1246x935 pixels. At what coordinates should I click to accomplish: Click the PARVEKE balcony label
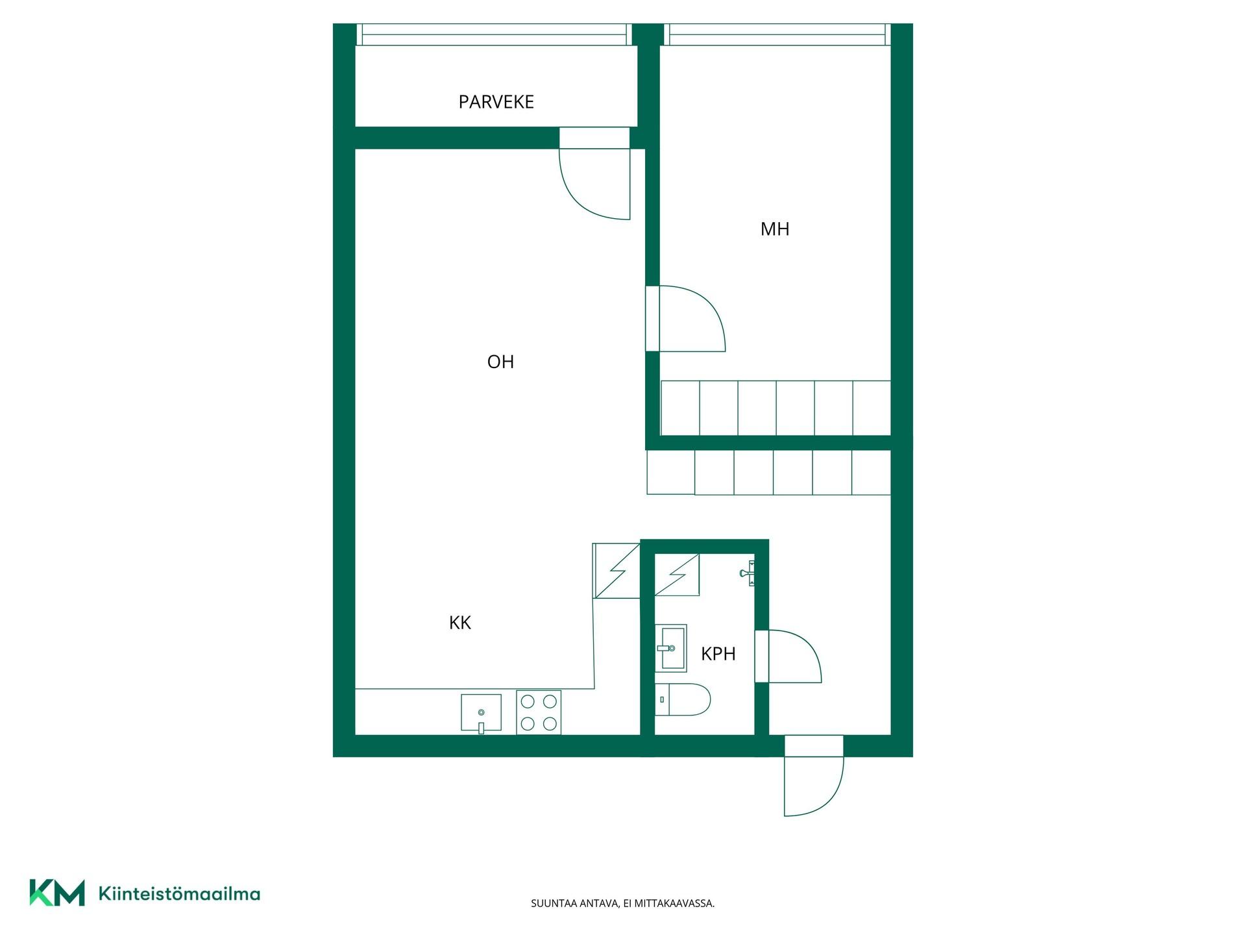(x=496, y=102)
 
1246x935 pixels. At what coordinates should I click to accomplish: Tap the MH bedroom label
(x=775, y=229)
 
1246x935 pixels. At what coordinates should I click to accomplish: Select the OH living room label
(x=500, y=362)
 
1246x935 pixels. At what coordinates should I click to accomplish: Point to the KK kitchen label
(x=459, y=623)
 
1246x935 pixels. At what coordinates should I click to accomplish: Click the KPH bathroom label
(x=718, y=654)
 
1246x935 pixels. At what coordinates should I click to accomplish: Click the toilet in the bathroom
(x=682, y=699)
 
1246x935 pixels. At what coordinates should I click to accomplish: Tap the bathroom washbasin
(x=670, y=648)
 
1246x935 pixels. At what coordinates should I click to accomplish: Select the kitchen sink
(x=481, y=713)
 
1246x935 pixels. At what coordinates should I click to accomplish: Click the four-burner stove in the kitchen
(x=539, y=712)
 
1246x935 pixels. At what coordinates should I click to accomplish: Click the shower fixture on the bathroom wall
(x=747, y=573)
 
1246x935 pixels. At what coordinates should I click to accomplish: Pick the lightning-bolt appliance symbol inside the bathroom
(x=677, y=575)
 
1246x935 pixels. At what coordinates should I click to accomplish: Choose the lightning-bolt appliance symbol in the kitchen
(x=617, y=571)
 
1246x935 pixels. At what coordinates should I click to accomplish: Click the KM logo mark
(x=57, y=892)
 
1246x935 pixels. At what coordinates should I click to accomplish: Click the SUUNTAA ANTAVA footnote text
(x=623, y=903)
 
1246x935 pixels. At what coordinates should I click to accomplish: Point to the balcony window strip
(x=495, y=34)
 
